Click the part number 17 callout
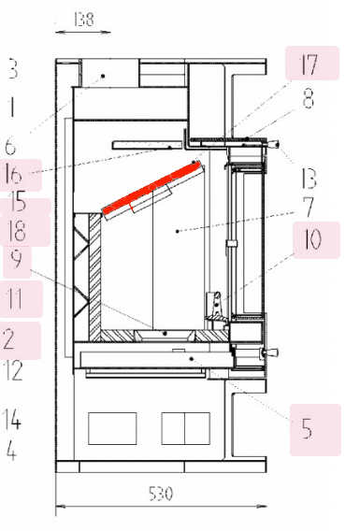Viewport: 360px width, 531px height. pos(309,65)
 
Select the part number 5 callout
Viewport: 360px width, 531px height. pos(307,428)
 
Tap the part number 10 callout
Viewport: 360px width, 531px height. pos(313,239)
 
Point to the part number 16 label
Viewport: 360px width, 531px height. pos(14,175)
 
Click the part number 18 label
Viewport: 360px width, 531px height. pos(18,230)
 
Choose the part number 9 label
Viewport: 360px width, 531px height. pos(16,260)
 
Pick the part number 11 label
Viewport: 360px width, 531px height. pos(15,299)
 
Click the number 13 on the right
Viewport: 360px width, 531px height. pos(310,179)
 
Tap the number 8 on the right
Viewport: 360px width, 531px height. pos(309,98)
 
